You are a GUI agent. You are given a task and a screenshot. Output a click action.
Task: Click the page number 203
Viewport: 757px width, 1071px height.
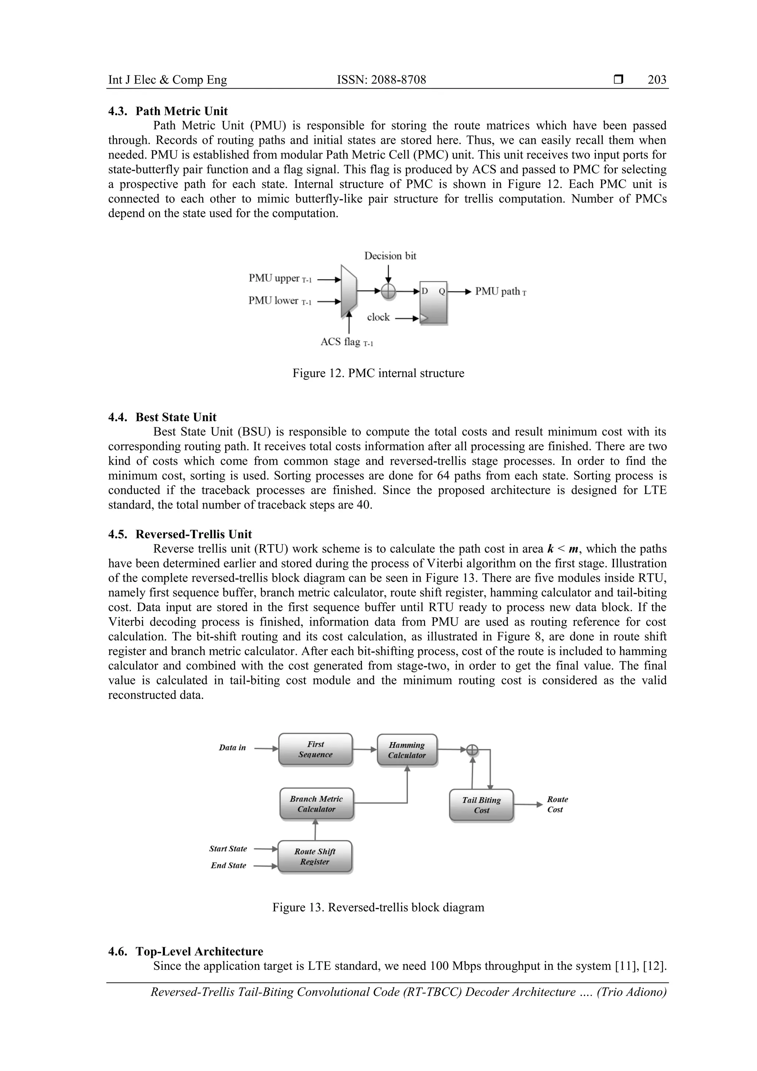tap(657, 80)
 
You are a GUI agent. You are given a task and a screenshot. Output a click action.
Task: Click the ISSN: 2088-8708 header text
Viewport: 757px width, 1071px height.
tap(381, 80)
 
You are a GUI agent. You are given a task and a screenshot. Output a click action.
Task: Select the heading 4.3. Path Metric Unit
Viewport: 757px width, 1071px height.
tap(168, 111)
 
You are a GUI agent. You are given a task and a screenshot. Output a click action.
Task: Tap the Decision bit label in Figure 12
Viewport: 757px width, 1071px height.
tap(390, 255)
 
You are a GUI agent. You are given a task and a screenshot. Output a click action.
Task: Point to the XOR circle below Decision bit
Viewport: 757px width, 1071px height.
tap(388, 292)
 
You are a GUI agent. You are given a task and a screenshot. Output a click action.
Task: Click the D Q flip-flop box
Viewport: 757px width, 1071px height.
tap(433, 302)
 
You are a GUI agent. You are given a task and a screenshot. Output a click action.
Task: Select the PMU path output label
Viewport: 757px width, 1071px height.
tap(500, 292)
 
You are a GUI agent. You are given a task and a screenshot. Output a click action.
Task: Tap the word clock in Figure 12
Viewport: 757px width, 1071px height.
tap(378, 317)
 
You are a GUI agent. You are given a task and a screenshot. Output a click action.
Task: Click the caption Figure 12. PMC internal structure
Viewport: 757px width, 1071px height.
tap(378, 373)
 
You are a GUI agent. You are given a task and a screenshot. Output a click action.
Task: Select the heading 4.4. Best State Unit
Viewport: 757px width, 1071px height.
tap(162, 417)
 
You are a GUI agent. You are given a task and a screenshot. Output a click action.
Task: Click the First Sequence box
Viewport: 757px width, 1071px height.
tap(315, 749)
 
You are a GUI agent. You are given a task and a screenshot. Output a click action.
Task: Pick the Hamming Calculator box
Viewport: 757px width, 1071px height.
tap(407, 750)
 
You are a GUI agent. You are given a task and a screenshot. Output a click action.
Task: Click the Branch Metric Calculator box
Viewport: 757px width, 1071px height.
tap(316, 804)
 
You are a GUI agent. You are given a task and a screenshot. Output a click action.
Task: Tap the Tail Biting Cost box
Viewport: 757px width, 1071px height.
tap(481, 805)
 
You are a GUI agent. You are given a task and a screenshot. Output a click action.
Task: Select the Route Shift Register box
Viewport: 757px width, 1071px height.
tap(315, 857)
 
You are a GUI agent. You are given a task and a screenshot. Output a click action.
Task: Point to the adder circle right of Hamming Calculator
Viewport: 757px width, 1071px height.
tap(472, 750)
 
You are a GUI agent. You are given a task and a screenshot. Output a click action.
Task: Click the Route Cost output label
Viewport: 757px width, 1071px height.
tap(557, 804)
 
